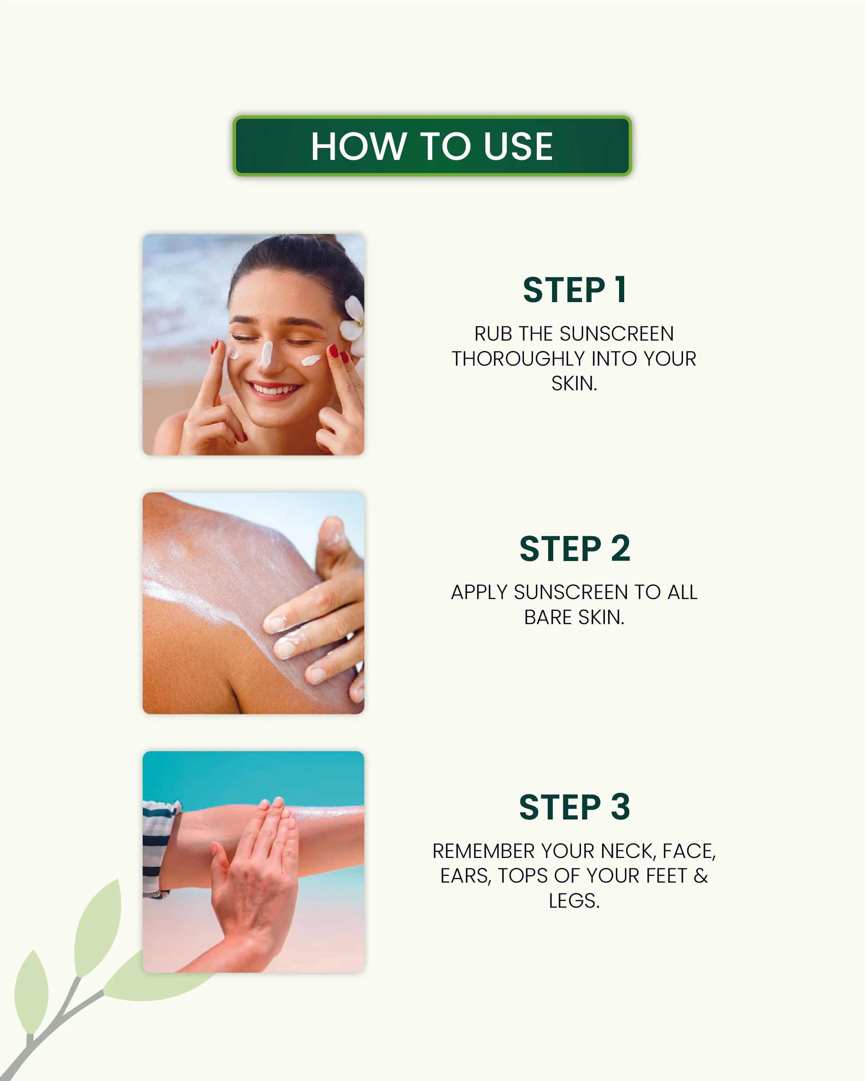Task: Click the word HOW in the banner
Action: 358,147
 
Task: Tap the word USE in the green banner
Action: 518,147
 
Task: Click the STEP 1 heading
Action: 574,290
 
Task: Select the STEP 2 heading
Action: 574,549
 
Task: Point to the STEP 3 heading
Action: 574,807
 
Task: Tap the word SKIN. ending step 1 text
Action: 574,383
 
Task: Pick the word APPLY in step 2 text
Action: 479,593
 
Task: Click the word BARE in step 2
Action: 548,617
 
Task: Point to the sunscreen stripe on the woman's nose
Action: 266,353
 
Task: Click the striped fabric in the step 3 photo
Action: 156,847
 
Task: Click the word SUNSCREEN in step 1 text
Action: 616,334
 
